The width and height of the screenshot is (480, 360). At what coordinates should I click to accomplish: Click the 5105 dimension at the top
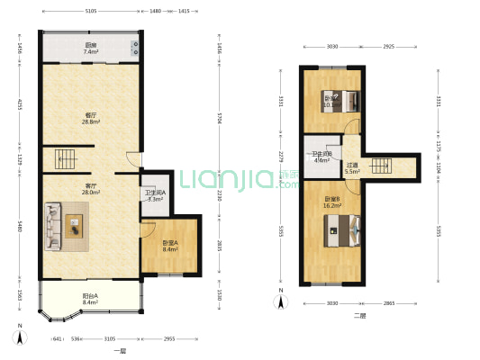[x=91, y=12]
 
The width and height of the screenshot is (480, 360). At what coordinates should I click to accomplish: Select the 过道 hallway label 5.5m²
[x=351, y=168]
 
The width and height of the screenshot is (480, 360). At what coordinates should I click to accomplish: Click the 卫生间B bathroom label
[x=322, y=157]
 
